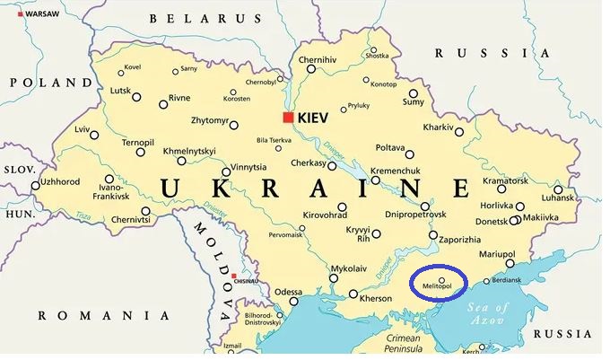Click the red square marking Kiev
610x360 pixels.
coord(288,117)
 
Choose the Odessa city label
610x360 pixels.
coord(288,292)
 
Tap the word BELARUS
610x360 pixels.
coord(205,18)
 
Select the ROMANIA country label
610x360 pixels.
coord(103,315)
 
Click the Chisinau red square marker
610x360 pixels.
coord(233,276)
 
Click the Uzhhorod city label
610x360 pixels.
coord(61,181)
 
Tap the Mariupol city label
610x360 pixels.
coord(496,254)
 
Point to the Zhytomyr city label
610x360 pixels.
coord(210,119)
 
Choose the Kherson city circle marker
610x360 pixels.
coord(353,294)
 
